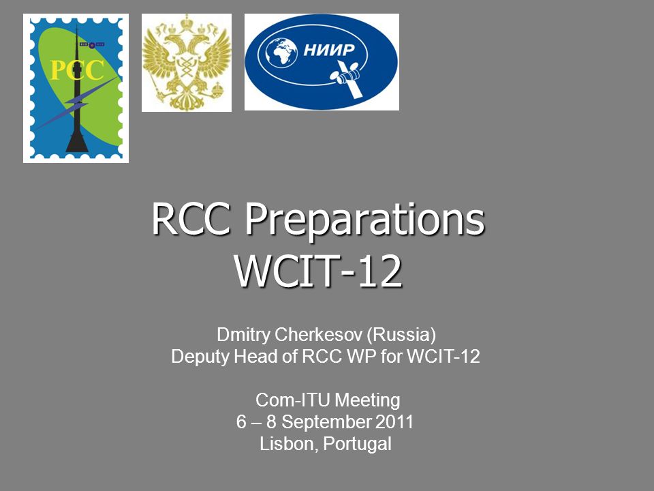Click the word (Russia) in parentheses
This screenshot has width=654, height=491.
(x=402, y=336)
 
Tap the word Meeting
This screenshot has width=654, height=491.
(x=367, y=401)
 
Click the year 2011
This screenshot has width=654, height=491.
(x=394, y=421)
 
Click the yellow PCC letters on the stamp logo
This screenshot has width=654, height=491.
(x=77, y=70)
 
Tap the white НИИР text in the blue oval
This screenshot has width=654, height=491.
(x=328, y=50)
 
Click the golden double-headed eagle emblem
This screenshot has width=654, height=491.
(x=187, y=63)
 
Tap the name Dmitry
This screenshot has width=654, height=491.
(x=243, y=336)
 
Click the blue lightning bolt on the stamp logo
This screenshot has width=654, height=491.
(x=77, y=104)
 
